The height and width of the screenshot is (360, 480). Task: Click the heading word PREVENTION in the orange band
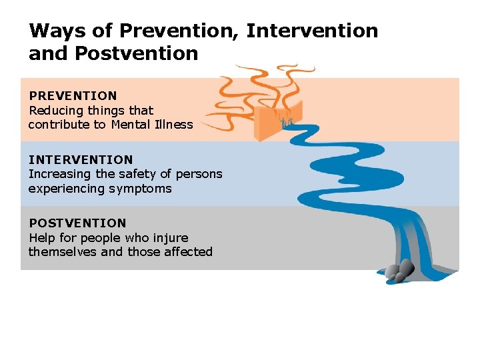tap(73, 96)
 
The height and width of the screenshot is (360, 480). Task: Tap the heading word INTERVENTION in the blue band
tap(81, 160)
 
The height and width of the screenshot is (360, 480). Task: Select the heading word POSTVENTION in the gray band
tap(77, 223)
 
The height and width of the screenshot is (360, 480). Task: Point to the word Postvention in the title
tap(137, 53)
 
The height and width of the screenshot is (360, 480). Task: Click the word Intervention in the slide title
tap(312, 31)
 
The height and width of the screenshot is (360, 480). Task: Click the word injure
tap(171, 238)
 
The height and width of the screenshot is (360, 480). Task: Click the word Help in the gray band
tap(41, 238)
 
